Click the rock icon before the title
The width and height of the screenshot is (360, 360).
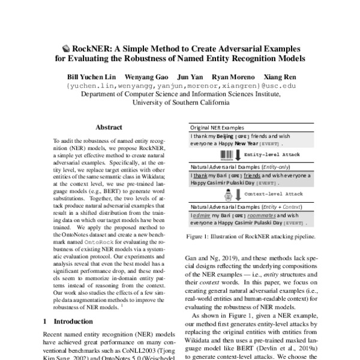pos(66,48)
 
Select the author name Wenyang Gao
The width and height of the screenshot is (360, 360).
pos(146,77)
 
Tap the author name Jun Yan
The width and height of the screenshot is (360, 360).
pos(190,77)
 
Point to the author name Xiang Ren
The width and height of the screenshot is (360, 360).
pos(280,77)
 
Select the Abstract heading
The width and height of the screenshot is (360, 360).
pos(109,128)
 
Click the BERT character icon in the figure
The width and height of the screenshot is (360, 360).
pos(228,194)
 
